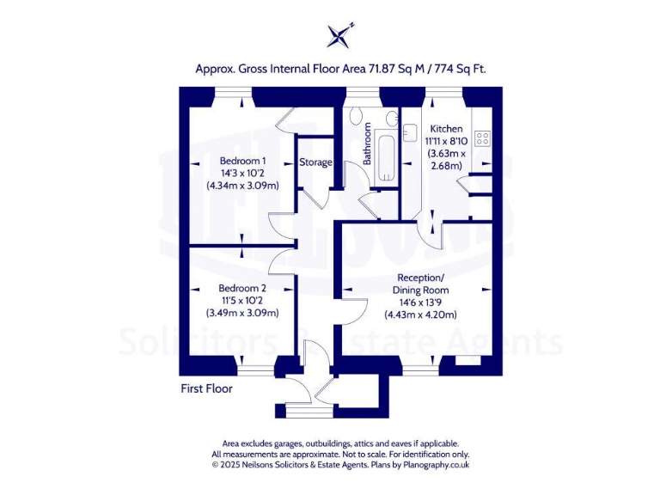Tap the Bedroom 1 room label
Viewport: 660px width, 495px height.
pos(242,161)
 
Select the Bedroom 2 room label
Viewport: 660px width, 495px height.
pos(242,288)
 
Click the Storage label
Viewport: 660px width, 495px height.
pos(315,162)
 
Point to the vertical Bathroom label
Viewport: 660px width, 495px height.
pos(367,144)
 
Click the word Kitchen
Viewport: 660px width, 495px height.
pos(446,128)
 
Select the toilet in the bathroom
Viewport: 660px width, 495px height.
pos(357,119)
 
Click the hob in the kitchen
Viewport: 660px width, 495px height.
pos(482,136)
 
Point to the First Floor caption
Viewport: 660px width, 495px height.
pos(206,388)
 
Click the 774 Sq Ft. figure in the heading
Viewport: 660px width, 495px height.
pos(462,69)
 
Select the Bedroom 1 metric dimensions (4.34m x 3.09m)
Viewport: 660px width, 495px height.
pos(242,185)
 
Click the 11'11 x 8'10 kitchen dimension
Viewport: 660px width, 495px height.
pos(446,141)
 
